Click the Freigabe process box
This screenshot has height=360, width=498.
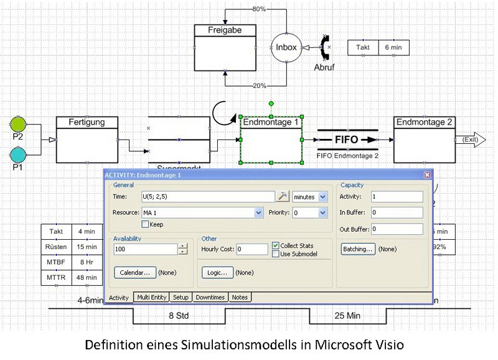[225, 47]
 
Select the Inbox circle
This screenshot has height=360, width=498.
[286, 47]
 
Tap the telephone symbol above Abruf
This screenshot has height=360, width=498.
[324, 47]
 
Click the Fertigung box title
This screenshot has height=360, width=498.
[87, 122]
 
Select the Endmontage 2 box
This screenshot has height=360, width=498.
[424, 138]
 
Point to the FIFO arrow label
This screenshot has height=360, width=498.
[347, 140]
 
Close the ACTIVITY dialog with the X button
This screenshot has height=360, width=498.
[427, 175]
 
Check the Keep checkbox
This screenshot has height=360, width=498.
[146, 224]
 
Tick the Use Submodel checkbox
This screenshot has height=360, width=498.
[276, 253]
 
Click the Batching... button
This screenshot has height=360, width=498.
[358, 249]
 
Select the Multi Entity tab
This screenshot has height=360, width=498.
[152, 298]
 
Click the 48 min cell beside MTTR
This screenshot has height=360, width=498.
[87, 277]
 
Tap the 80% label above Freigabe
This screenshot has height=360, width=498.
[259, 9]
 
